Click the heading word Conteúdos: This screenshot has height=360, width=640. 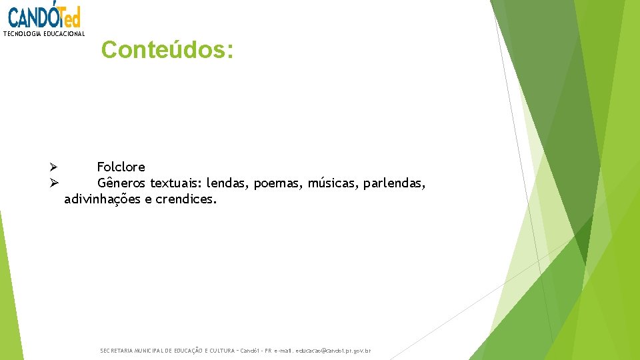[167, 49]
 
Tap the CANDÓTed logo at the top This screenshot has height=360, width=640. [45, 15]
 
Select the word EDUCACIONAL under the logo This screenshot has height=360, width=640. [63, 33]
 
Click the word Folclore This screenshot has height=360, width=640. [121, 167]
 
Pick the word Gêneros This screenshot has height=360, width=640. [121, 183]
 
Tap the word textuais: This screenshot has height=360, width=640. [176, 183]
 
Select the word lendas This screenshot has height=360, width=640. [227, 183]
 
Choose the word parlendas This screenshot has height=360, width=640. [394, 183]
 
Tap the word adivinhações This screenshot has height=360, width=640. [102, 199]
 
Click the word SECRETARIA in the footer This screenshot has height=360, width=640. [116, 351]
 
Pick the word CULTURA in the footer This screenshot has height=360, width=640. [219, 351]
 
